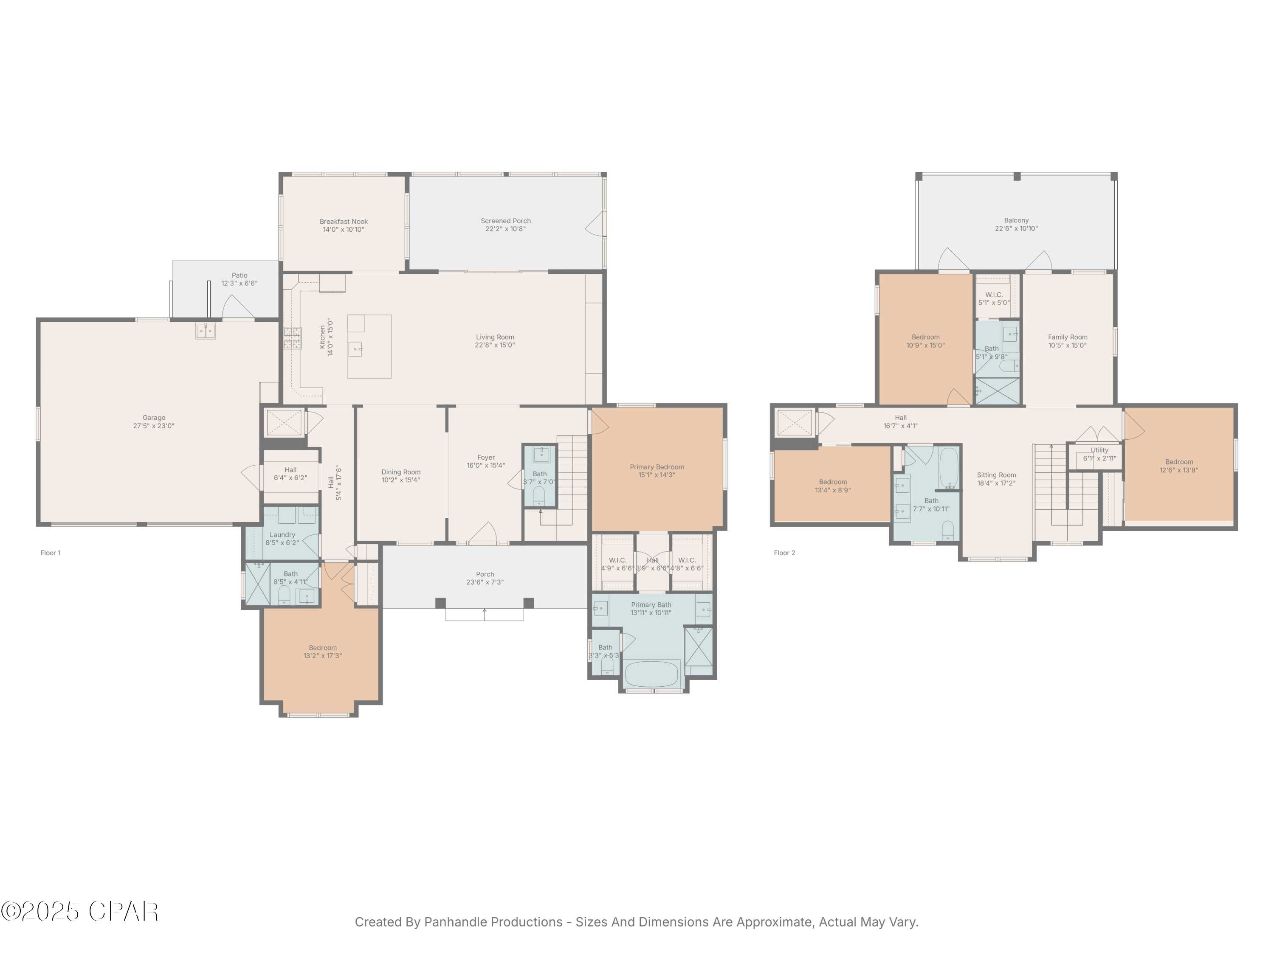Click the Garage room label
154,417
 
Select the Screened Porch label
506,220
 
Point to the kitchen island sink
356,349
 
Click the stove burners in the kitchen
292,338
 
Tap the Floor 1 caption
50,553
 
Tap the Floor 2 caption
784,553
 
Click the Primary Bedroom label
657,467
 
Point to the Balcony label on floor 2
1016,220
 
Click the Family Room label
1067,337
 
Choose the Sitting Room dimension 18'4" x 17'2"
996,483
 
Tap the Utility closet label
1099,450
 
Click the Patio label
239,275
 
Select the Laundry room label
282,535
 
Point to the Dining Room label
401,472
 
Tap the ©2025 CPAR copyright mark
79,911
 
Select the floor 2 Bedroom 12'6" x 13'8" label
1178,462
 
